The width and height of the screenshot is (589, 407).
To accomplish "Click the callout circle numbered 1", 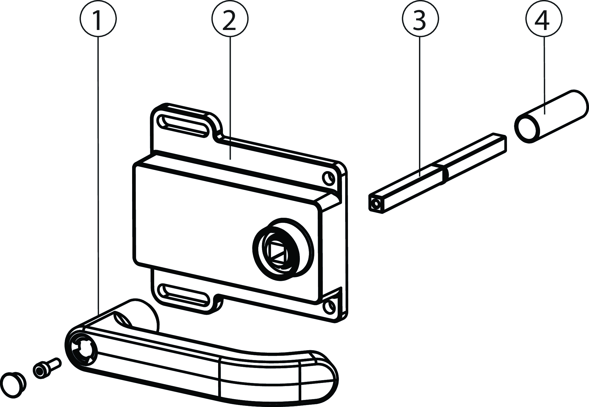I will point(98,19).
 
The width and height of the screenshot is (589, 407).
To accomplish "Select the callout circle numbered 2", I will point(230,19).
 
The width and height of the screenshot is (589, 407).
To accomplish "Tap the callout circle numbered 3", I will point(420,19).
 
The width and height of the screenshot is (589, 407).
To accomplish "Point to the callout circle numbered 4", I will point(544,19).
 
